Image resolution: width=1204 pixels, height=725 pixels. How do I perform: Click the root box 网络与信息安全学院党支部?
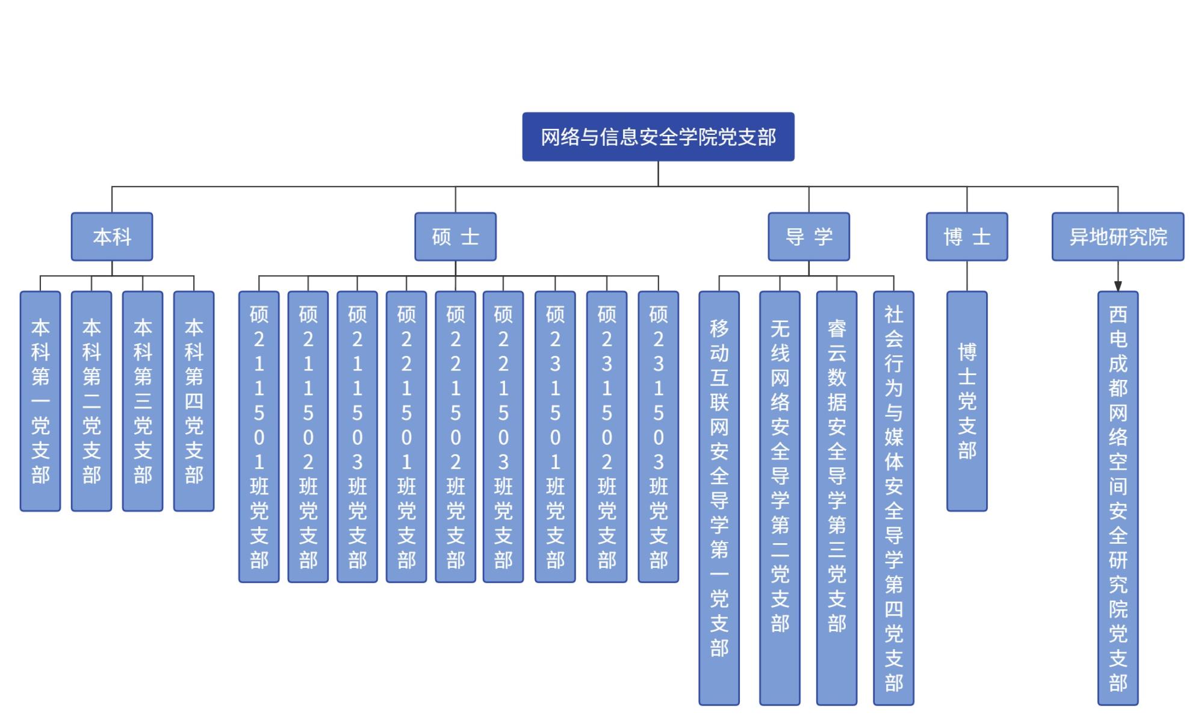pos(658,137)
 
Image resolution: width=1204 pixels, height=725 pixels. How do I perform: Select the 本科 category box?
pos(112,237)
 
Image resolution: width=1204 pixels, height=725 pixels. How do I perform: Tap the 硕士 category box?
pos(455,237)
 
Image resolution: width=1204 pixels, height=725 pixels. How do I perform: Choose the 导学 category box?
pos(808,237)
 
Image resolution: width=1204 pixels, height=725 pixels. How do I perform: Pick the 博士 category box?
pos(967,237)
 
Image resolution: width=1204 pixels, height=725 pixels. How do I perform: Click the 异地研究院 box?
pos(1118,237)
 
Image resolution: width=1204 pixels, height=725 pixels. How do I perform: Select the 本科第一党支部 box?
pos(40,401)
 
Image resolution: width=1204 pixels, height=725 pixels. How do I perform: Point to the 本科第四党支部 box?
pos(194,401)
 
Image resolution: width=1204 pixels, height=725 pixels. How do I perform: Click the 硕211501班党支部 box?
pos(259,437)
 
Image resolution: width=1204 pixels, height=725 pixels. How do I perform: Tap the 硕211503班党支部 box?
pos(357,437)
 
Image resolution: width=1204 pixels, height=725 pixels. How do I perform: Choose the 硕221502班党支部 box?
pos(455,437)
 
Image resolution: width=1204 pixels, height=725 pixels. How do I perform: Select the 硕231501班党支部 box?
pos(555,437)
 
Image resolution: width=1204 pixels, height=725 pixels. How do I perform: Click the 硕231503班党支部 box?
pos(658,437)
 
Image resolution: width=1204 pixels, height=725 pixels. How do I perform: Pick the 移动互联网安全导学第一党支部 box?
pos(719,498)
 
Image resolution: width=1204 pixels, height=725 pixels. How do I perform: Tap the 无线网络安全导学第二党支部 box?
pos(780,498)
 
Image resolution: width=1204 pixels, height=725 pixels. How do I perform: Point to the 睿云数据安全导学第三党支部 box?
pos(837,498)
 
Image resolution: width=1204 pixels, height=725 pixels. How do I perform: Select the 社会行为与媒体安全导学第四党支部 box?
pos(893,498)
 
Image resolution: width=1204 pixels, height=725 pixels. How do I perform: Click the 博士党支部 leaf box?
pos(967,401)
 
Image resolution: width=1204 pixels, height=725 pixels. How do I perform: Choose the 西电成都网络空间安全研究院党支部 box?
pos(1118,498)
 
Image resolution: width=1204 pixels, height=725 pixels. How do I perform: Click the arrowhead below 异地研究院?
pos(1118,286)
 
